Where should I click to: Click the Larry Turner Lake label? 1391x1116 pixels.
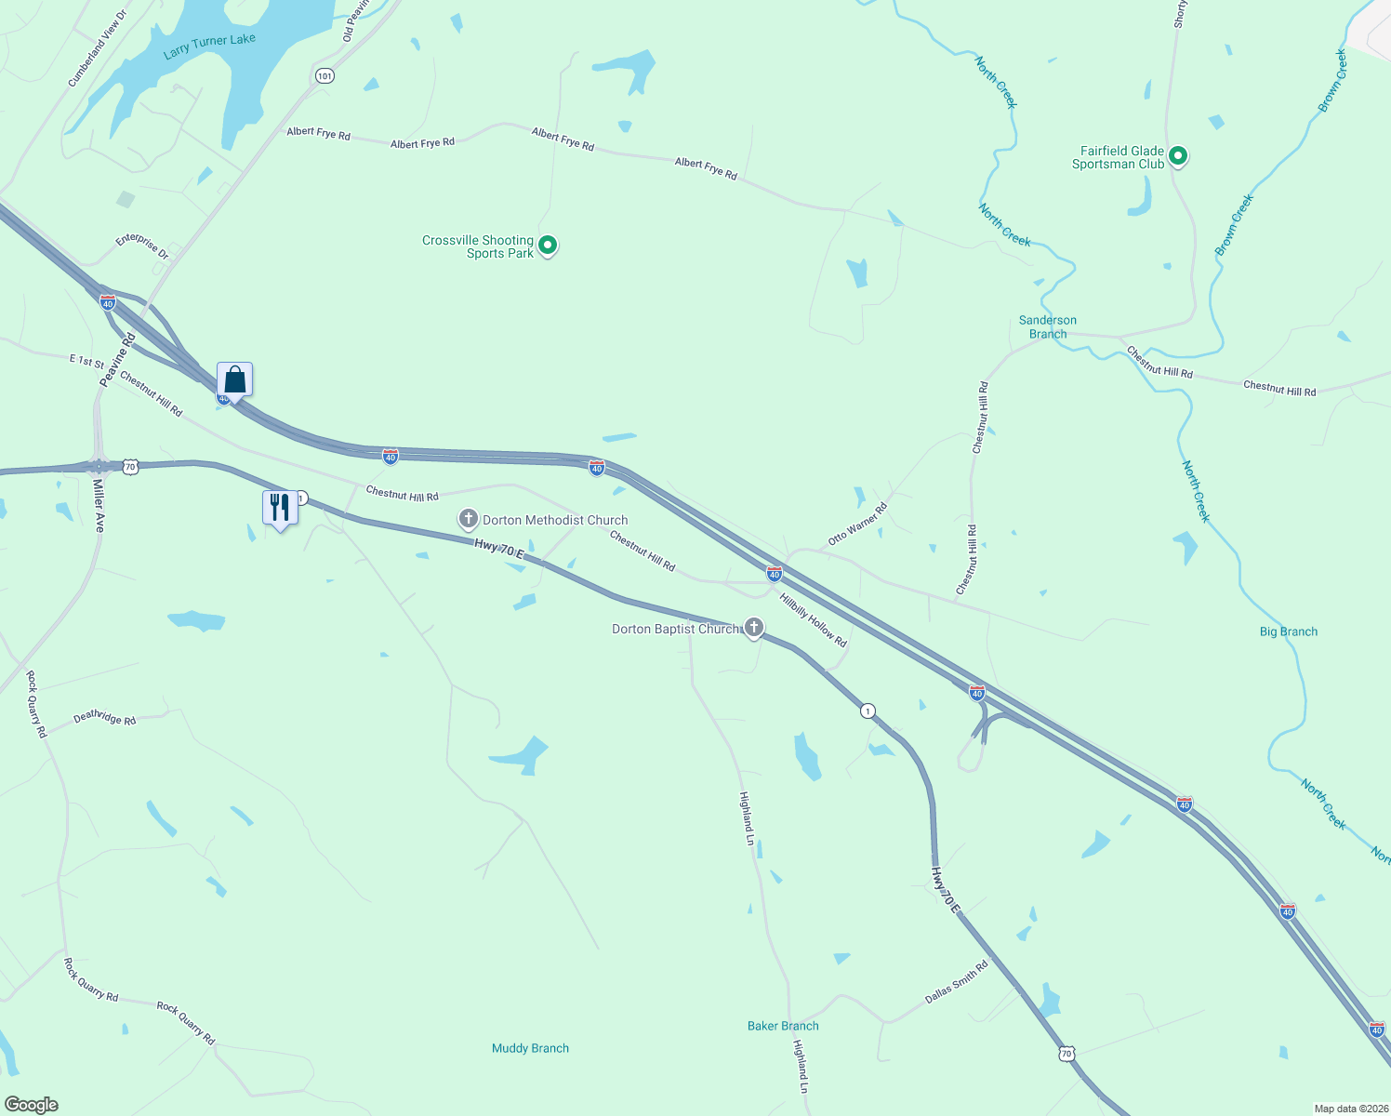pos(209,46)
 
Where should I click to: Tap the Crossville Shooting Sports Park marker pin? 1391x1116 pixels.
pos(548,246)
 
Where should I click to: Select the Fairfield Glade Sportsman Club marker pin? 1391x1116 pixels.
pos(1177,156)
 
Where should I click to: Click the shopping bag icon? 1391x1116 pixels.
pos(234,380)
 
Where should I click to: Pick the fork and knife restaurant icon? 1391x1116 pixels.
pos(280,508)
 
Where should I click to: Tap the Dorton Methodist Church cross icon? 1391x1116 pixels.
pos(469,519)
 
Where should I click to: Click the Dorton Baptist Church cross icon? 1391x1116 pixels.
pos(754,628)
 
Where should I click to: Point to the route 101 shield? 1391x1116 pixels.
pos(324,75)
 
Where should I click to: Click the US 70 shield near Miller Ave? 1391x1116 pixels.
pos(130,466)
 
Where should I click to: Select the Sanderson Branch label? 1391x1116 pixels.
pos(1048,326)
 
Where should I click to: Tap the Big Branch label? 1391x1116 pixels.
pos(1288,631)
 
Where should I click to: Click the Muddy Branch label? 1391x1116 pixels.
pos(530,1048)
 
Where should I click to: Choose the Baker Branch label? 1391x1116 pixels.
pos(783,1026)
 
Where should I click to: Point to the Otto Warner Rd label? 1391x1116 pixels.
pos(857,525)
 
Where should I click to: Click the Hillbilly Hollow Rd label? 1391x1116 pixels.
pos(813,619)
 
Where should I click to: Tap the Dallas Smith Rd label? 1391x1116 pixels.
pos(956,982)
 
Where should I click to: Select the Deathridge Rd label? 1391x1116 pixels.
pos(104,718)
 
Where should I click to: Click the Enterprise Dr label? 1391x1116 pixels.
pos(142,246)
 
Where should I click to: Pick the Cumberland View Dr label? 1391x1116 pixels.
pos(97,49)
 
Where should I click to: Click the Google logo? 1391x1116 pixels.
pos(32,1105)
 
